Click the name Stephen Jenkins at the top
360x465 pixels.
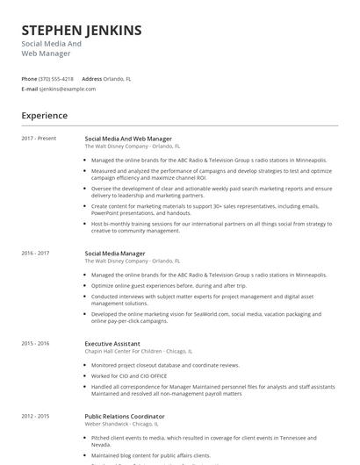coord(82,31)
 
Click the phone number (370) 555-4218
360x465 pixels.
coord(56,79)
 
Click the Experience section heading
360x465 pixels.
coord(45,115)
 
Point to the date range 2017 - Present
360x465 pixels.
coord(39,139)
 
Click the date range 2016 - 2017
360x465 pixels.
coord(35,254)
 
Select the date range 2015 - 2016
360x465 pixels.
coord(35,343)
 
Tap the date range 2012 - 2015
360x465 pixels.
coord(35,417)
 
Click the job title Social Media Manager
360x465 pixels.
coord(115,254)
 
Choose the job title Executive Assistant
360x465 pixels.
coord(112,343)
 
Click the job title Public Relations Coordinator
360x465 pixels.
coord(125,417)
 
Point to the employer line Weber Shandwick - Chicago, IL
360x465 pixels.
coord(127,424)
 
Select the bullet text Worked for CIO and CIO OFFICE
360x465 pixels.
coord(130,376)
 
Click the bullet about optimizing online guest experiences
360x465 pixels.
coord(169,285)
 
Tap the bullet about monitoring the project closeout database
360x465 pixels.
coord(165,365)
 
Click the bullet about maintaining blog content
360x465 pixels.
coord(151,455)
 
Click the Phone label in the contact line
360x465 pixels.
coord(29,79)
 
